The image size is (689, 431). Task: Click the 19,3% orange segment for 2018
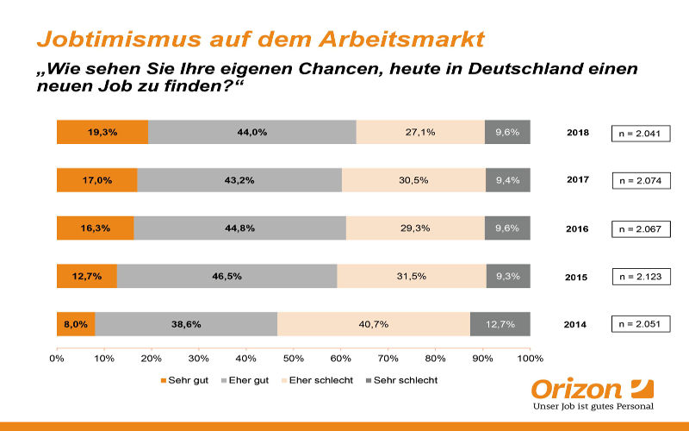tap(102, 132)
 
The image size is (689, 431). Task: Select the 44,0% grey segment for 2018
tap(251, 132)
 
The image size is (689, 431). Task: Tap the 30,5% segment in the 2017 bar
tap(413, 180)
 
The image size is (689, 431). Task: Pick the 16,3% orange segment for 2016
tap(95, 228)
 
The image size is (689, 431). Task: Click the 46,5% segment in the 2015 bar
tap(227, 276)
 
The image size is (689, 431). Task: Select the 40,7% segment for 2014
tap(374, 324)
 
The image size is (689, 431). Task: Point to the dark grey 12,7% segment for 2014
tap(500, 324)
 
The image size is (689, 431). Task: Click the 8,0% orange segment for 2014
tap(76, 324)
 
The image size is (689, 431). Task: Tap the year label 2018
tap(577, 133)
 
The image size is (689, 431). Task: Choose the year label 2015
tap(577, 277)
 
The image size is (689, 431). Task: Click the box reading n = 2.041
tap(640, 133)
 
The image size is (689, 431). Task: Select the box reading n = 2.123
tap(640, 277)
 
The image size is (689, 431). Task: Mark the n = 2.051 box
tap(640, 324)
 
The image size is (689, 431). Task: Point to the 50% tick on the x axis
tap(294, 357)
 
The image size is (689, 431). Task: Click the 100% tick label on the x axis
tap(530, 357)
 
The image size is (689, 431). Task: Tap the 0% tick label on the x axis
tap(57, 357)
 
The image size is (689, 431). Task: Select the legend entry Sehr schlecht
tap(404, 379)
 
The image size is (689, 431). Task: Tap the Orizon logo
tap(592, 392)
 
